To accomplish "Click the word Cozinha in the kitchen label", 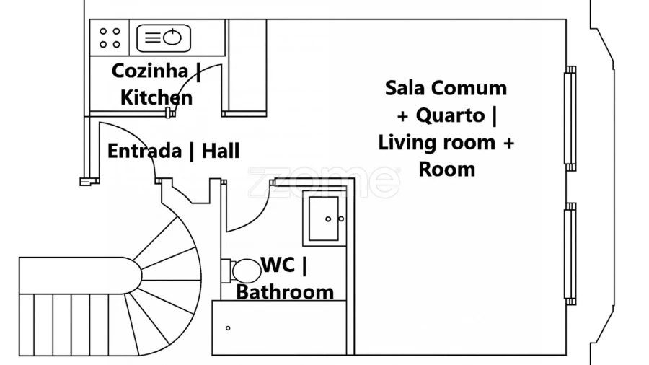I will click(x=149, y=71).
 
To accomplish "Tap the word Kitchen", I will click(x=156, y=97).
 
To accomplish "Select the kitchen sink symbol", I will click(x=164, y=38).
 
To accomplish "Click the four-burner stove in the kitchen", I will click(x=110, y=38).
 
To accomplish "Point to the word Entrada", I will click(x=144, y=151).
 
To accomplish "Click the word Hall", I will click(x=221, y=151).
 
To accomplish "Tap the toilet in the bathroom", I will click(x=246, y=271).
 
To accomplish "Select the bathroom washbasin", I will click(x=324, y=218).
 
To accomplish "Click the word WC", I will click(x=278, y=265).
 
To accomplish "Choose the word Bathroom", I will click(x=285, y=292).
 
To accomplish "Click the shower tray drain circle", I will click(x=228, y=328).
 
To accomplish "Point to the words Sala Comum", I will click(x=446, y=88).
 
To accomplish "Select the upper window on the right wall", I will click(x=570, y=118).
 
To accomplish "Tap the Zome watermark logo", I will click(x=324, y=182).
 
